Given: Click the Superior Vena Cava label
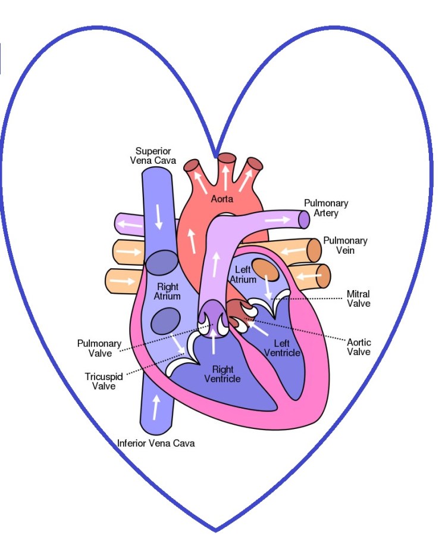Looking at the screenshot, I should [x=153, y=155].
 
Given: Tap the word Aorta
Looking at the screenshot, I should [x=222, y=199].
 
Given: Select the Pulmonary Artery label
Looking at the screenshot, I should [x=326, y=208].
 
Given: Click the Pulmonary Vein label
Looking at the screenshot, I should [x=345, y=245].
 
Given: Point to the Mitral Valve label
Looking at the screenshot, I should [x=358, y=298].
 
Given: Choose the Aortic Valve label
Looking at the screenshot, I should [x=359, y=347].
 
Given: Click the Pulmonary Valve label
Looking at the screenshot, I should [x=99, y=348].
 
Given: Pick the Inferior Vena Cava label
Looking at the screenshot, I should [x=156, y=443].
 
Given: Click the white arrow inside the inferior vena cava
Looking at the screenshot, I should [x=156, y=408].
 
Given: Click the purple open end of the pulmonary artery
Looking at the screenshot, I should [x=304, y=220].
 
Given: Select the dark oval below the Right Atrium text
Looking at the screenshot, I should [x=164, y=321].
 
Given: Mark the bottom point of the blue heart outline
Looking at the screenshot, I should [x=215, y=530].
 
